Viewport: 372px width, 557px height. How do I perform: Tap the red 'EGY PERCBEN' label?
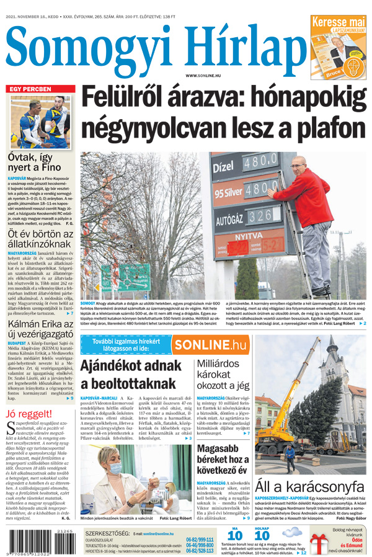(30, 89)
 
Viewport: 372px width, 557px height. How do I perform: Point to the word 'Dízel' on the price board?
(224, 167)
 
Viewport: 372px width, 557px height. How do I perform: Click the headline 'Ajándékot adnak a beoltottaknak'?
(131, 374)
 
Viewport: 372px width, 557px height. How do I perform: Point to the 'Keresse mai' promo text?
(339, 22)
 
